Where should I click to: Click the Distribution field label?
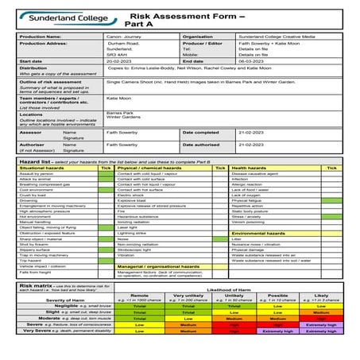click(x=33, y=69)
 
